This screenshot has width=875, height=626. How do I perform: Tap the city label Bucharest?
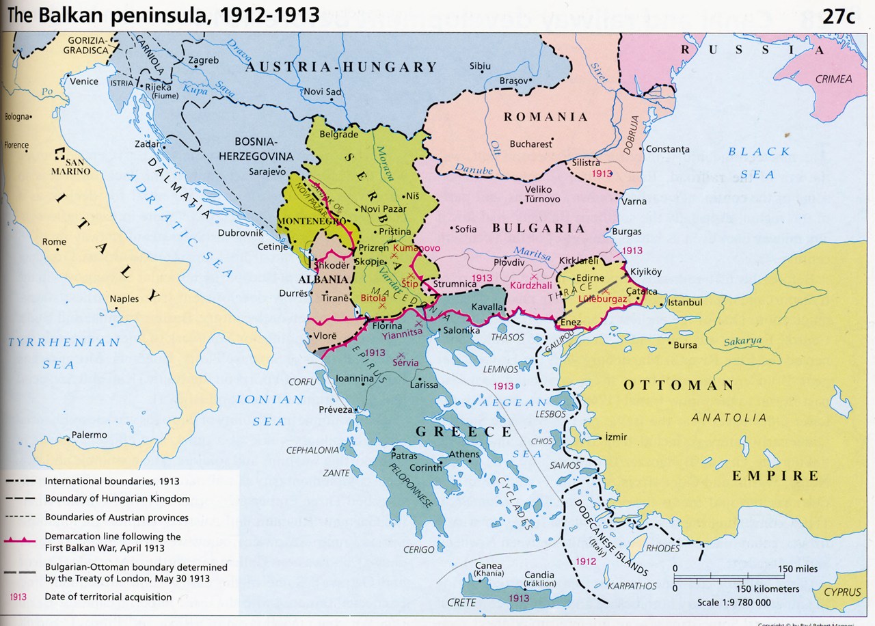pyautogui.click(x=530, y=144)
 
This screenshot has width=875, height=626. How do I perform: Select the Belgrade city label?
pyautogui.click(x=339, y=135)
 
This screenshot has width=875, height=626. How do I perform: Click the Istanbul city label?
pyautogui.click(x=685, y=302)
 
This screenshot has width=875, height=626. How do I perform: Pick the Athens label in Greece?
pyautogui.click(x=464, y=454)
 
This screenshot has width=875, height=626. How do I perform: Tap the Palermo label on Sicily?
pyautogui.click(x=89, y=435)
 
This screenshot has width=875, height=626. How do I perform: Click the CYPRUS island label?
pyautogui.click(x=842, y=593)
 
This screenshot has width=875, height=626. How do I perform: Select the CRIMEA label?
pyautogui.click(x=833, y=79)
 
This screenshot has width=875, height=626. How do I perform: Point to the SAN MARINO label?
pyautogui.click(x=71, y=166)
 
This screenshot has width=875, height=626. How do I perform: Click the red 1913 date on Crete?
pyautogui.click(x=519, y=599)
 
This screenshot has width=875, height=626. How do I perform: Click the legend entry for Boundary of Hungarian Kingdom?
pyautogui.click(x=118, y=499)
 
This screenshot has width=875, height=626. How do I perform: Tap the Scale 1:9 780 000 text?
pyautogui.click(x=734, y=603)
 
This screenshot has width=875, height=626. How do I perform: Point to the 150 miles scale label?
pyautogui.click(x=797, y=569)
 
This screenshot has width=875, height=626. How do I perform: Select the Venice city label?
pyautogui.click(x=84, y=81)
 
